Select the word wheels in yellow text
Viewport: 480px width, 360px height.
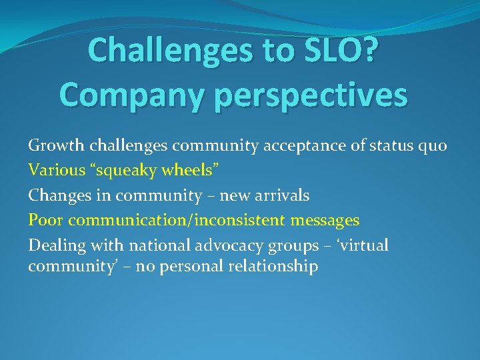pos(186,171)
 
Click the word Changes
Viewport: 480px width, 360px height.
pos(56,195)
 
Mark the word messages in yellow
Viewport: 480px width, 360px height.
pos(325,220)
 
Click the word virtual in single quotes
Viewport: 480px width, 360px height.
pos(364,245)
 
